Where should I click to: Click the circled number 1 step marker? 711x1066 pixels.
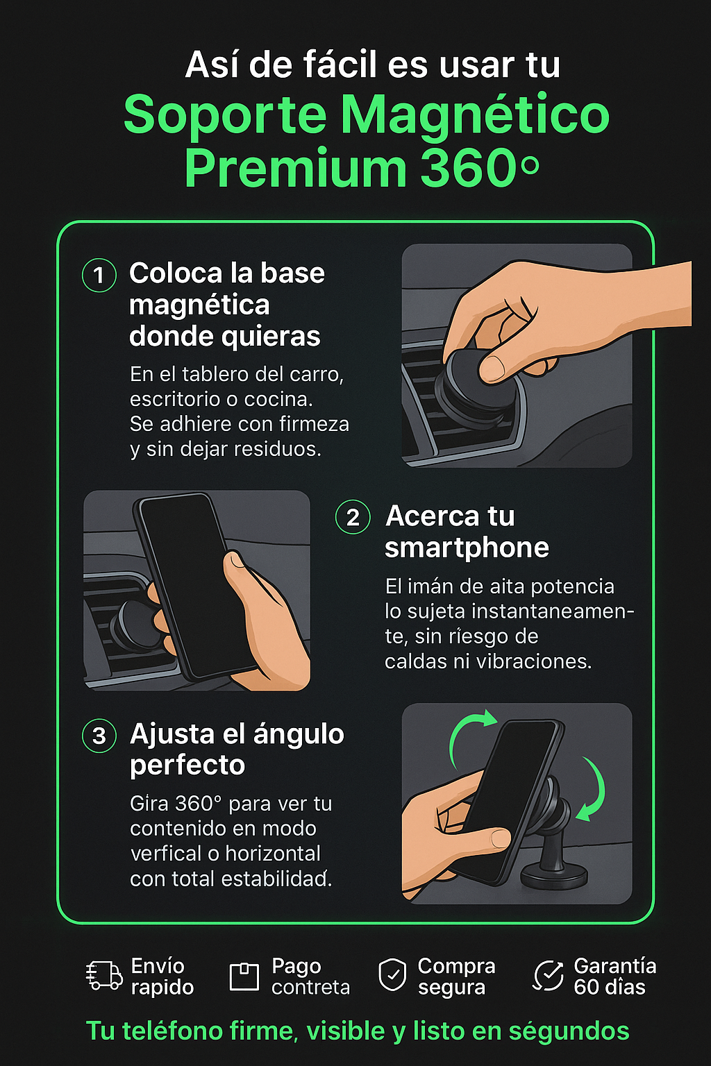(99, 275)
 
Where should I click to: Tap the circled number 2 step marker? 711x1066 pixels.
(353, 517)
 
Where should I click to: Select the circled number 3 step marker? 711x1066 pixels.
(99, 736)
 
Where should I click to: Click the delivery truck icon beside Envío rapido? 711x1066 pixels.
(104, 975)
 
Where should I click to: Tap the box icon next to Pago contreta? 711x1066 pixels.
(244, 976)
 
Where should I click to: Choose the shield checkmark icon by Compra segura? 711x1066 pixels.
(392, 975)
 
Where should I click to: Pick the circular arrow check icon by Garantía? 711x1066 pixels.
(548, 976)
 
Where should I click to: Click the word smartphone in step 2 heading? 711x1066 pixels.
(467, 548)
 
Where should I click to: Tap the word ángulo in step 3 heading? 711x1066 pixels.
(299, 734)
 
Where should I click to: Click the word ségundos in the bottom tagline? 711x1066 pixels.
(569, 1031)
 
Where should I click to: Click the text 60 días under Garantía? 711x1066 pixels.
(610, 987)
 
